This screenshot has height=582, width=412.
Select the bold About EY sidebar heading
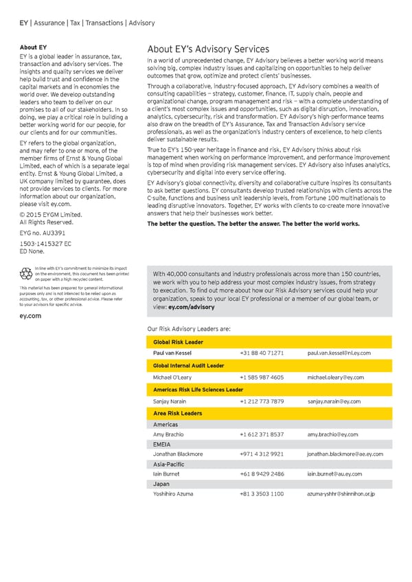[x=33, y=47]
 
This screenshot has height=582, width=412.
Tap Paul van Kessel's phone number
[x=262, y=353]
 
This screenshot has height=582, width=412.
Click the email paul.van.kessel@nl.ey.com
[x=339, y=353]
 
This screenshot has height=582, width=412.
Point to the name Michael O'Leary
[x=174, y=377]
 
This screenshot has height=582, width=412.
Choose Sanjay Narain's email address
[x=334, y=401]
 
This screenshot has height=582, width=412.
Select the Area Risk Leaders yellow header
[x=177, y=413]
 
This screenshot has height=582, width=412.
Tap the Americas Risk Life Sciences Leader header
[x=197, y=389]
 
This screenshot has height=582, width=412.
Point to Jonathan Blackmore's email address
[x=345, y=454]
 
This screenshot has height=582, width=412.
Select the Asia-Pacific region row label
[x=169, y=465]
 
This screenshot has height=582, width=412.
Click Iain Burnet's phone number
[x=262, y=474]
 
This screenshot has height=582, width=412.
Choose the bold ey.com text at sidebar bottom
[x=31, y=316]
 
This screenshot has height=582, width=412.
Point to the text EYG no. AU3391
[x=42, y=234]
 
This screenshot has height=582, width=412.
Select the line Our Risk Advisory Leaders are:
[x=189, y=329]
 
